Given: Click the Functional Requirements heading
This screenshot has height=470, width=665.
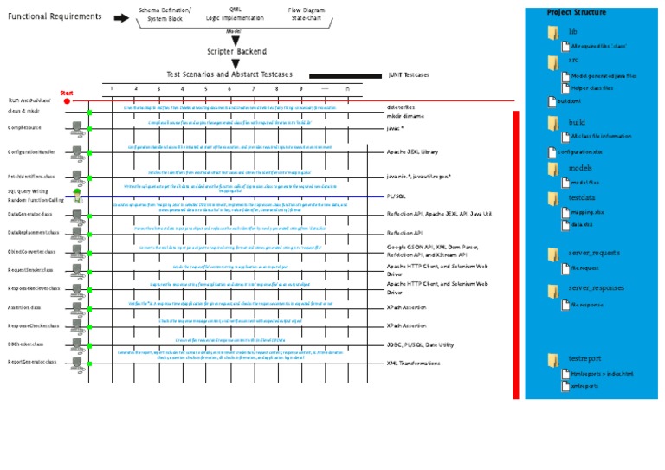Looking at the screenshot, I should point(55,16).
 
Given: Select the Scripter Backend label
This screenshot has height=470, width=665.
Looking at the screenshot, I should point(236,51).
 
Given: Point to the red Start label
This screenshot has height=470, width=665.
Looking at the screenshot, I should point(68,92).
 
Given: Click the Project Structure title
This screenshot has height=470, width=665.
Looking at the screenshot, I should point(577,12).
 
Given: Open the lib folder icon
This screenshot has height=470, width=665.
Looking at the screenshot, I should point(553,33).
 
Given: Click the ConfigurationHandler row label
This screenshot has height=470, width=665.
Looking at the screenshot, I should point(31,151).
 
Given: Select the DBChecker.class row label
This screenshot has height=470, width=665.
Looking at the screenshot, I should point(26,344).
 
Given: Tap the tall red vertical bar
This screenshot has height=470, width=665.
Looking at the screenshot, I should point(516,254).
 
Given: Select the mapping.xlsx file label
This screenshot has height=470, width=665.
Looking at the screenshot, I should point(585,210).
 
